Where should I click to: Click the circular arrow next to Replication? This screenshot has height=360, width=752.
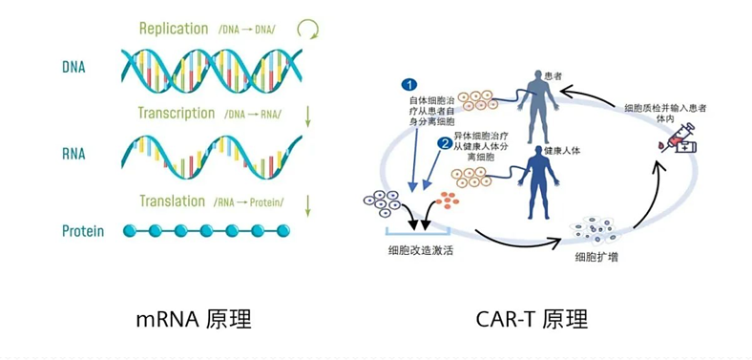(306, 29)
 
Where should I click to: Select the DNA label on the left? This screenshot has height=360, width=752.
(73, 68)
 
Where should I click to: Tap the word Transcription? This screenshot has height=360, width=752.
(177, 114)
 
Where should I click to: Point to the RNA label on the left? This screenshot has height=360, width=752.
(73, 154)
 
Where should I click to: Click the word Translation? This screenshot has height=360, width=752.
(173, 201)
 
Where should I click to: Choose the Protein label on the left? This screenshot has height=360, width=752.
(83, 231)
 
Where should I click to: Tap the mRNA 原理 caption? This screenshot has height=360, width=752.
(194, 318)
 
